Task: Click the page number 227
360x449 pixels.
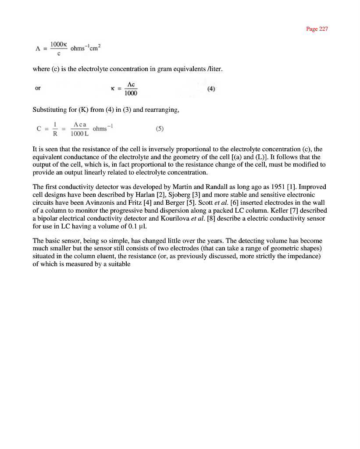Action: click(x=323, y=29)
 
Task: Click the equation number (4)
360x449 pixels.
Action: click(x=211, y=88)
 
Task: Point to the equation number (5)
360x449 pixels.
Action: click(x=160, y=129)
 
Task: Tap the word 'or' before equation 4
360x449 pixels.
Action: click(x=38, y=88)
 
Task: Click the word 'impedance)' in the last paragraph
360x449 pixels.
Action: click(x=304, y=257)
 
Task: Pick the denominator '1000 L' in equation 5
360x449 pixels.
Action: click(x=79, y=133)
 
